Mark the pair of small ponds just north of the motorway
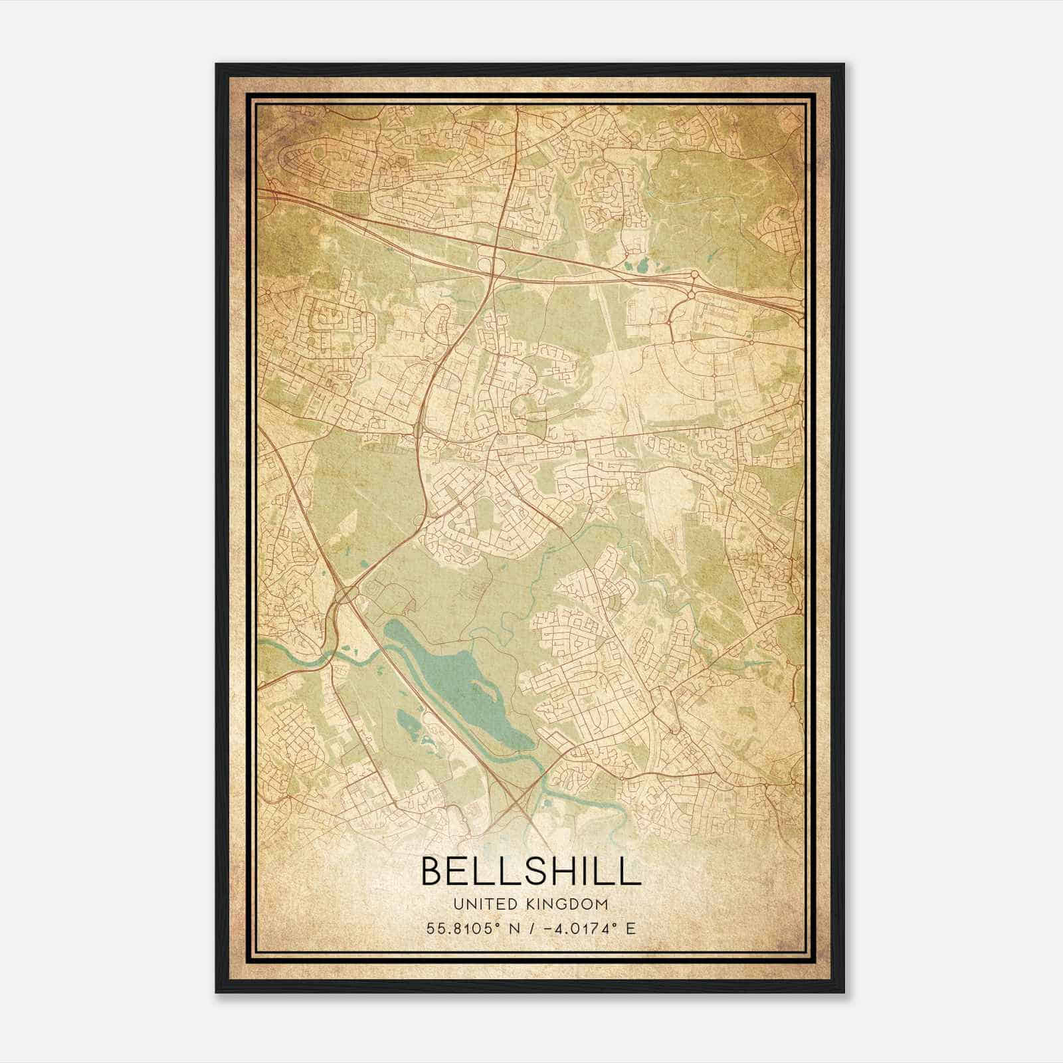(639, 266)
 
